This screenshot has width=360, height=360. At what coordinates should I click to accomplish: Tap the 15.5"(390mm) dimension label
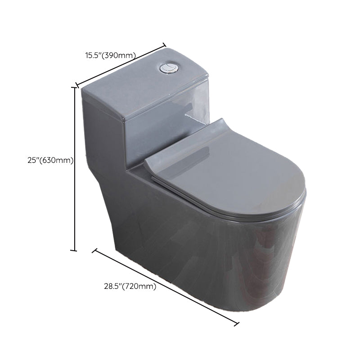point(111,55)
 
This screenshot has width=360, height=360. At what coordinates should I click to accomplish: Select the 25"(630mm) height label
point(50,160)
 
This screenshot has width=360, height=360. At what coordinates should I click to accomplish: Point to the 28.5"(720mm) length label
point(130,286)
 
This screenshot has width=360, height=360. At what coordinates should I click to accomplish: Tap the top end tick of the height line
point(74,87)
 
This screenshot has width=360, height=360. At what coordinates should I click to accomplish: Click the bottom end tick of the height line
point(73,250)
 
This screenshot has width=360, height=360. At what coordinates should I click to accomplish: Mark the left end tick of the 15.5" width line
point(77,85)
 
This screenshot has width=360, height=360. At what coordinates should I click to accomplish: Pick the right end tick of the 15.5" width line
point(164,45)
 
